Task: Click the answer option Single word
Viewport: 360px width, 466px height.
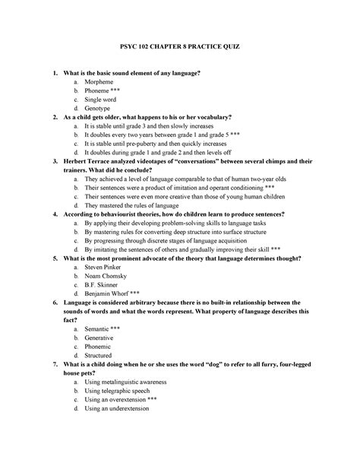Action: (x=103, y=100)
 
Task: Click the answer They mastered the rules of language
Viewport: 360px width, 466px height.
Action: (x=134, y=205)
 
